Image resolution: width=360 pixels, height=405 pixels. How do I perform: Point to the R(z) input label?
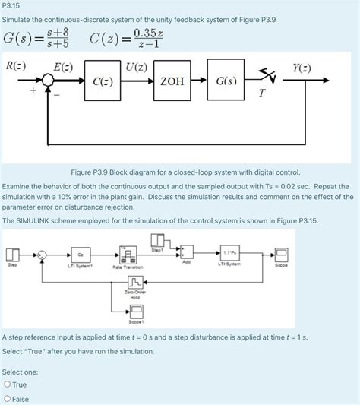pyautogui.click(x=16, y=65)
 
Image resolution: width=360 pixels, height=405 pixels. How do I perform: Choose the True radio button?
pyautogui.click(x=8, y=384)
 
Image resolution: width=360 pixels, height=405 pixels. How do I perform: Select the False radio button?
pyautogui.click(x=8, y=399)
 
